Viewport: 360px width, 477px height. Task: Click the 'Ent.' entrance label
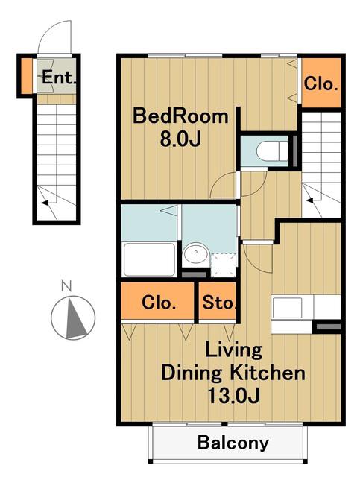(59, 77)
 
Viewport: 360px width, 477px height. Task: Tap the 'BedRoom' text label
(181, 116)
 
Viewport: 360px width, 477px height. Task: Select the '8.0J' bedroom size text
(180, 139)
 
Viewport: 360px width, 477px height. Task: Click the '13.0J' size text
(233, 396)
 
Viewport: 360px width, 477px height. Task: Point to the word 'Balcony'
(233, 443)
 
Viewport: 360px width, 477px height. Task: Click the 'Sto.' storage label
(219, 303)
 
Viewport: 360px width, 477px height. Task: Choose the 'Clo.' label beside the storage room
(159, 303)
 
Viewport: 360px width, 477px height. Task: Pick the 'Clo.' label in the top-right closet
(320, 83)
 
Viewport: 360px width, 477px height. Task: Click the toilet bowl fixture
(272, 151)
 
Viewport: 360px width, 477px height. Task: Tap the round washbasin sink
(196, 253)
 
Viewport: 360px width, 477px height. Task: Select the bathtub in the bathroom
(149, 259)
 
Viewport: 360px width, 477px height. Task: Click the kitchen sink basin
(287, 308)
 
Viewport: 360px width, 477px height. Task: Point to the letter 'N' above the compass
(66, 286)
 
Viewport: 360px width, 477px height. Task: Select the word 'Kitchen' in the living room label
(267, 373)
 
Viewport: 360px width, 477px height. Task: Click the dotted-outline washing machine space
(224, 265)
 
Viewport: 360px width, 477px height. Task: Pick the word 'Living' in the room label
(233, 351)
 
